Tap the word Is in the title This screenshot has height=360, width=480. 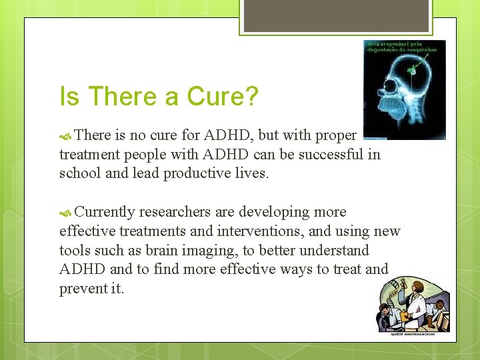[x=69, y=97]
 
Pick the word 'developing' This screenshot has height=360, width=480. [x=275, y=212]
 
